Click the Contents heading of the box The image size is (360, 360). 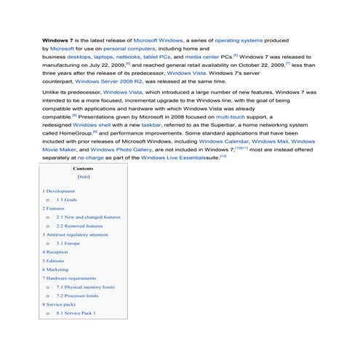click(x=83, y=168)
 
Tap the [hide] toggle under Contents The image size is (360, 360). click(x=83, y=177)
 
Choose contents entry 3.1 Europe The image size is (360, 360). click(x=67, y=243)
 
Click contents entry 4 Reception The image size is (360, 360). click(x=55, y=252)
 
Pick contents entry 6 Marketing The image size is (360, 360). click(x=55, y=269)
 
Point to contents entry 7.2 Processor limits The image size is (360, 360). click(x=81, y=296)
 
